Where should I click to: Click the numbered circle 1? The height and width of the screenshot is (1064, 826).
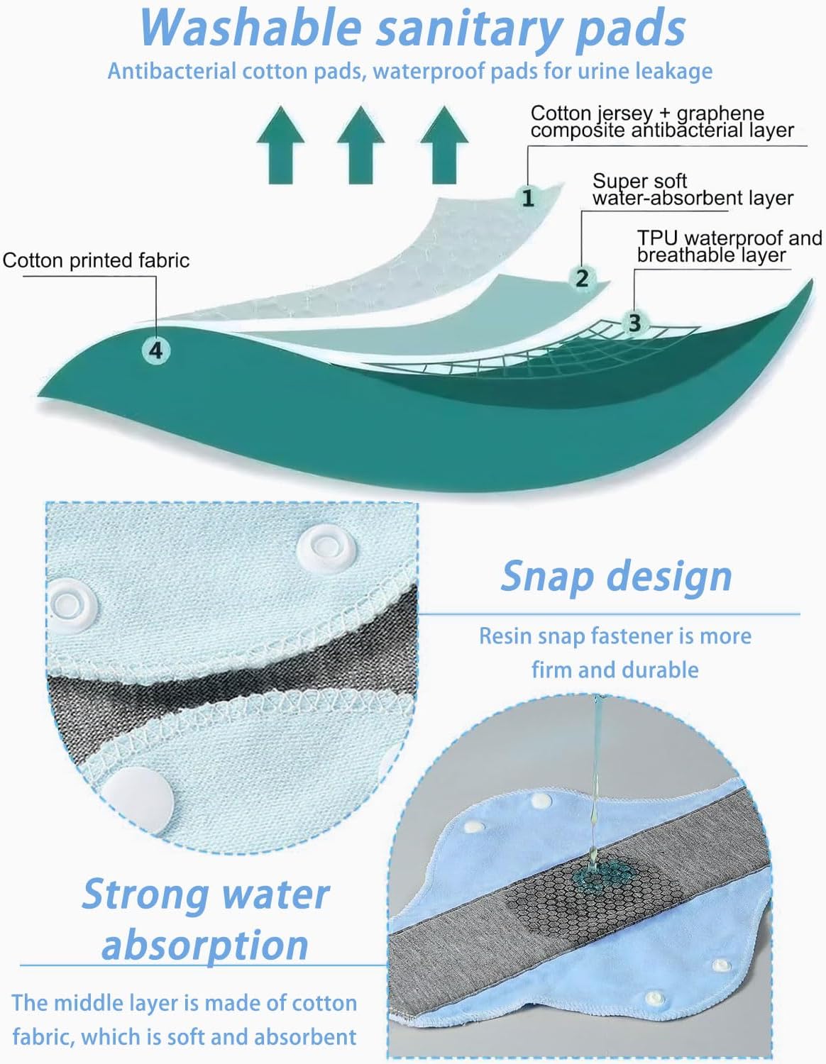click(x=527, y=197)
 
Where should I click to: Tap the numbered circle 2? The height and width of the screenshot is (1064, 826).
click(x=582, y=277)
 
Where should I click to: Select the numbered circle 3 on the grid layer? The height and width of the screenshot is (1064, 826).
click(x=634, y=323)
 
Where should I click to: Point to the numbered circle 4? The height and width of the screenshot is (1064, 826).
click(x=156, y=350)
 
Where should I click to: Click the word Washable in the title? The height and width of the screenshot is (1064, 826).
click(x=252, y=28)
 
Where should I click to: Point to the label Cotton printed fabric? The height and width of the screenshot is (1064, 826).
click(x=96, y=260)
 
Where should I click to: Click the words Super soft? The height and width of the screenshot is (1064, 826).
click(x=639, y=182)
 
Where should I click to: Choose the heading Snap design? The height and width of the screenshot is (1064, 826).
click(x=616, y=575)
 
